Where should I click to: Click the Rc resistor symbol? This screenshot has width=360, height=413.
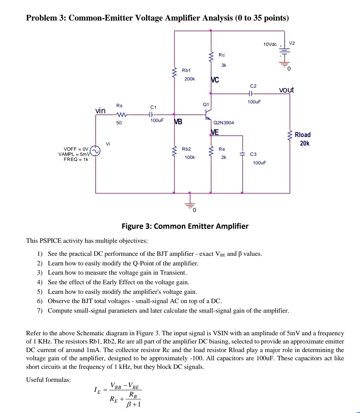tap(211, 58)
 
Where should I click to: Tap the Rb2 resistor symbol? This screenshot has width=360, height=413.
tap(175, 152)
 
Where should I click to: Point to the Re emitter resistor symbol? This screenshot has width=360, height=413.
tap(211, 152)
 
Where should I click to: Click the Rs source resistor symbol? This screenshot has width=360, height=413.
tap(122, 115)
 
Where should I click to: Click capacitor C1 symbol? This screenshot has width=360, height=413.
tap(153, 115)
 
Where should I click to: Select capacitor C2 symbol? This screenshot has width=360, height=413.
tap(251, 93)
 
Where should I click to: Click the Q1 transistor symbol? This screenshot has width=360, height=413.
tap(208, 115)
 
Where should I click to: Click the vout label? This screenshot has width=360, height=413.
tap(286, 90)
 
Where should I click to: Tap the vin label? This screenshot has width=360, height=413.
tap(100, 111)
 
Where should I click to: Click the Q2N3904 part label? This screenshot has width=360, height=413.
tap(224, 122)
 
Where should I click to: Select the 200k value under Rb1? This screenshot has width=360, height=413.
tap(189, 79)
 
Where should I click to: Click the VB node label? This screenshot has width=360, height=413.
tap(178, 122)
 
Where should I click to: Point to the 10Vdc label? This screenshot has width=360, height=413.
tap(270, 44)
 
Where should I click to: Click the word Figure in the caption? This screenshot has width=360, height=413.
tap(133, 226)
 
